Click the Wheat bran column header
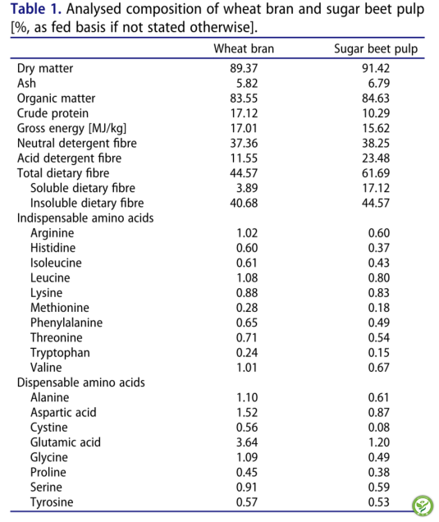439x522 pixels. click(x=244, y=48)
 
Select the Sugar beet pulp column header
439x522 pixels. click(x=376, y=49)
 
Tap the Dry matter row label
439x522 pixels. click(x=45, y=68)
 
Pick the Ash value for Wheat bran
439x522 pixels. click(x=247, y=83)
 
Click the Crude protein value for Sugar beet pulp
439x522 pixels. click(x=376, y=113)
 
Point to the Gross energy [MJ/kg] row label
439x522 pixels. click(x=72, y=129)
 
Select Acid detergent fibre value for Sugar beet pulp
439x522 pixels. click(x=376, y=158)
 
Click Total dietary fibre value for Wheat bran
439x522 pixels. click(x=244, y=173)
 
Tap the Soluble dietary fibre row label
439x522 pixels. click(x=83, y=188)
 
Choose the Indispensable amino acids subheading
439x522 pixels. click(x=85, y=218)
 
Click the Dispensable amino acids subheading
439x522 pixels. click(x=81, y=382)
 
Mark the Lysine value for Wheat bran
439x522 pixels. click(x=247, y=293)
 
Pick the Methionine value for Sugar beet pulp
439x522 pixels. click(x=379, y=308)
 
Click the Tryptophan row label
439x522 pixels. click(x=60, y=353)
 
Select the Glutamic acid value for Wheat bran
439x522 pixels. click(x=247, y=442)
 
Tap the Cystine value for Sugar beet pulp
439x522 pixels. click(x=379, y=428)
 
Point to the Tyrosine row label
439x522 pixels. click(x=52, y=502)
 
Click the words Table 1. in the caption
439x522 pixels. click(x=36, y=9)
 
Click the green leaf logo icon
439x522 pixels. click(x=423, y=506)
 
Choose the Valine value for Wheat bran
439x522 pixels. click(x=247, y=368)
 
